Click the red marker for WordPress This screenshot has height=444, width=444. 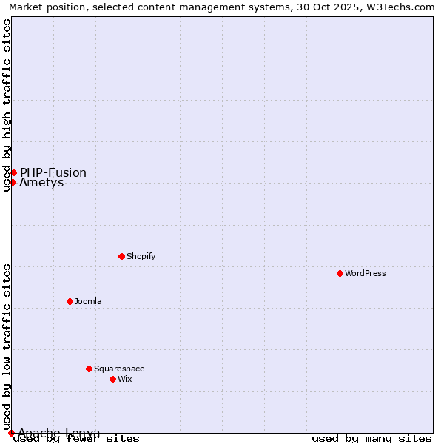click(x=340, y=273)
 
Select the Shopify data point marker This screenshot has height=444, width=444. click(x=121, y=256)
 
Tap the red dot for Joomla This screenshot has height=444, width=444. click(x=70, y=301)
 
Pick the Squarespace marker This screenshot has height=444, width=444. click(x=89, y=369)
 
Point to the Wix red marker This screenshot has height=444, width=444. click(x=112, y=379)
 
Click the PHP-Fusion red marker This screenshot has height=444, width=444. click(x=13, y=172)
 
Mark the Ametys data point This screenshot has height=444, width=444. click(x=13, y=182)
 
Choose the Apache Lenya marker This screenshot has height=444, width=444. click(x=11, y=433)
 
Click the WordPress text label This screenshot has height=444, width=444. click(x=366, y=273)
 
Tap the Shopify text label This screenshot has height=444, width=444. click(x=141, y=256)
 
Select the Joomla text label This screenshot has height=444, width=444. click(x=88, y=301)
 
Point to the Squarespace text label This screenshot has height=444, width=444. click(x=119, y=369)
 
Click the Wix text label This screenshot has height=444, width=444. click(x=124, y=379)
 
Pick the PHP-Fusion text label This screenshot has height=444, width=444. click(x=53, y=172)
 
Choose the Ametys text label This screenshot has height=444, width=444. click(x=41, y=183)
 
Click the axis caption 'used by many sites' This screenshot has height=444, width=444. click(x=371, y=438)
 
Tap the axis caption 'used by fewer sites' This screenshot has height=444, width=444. click(x=77, y=438)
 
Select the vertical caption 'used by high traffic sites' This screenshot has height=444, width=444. click(x=7, y=105)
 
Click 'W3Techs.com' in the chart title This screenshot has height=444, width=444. click(x=404, y=7)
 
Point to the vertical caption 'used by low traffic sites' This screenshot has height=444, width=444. click(x=7, y=346)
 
